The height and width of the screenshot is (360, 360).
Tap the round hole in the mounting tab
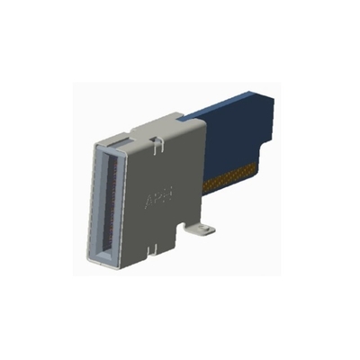pyautogui.click(x=202, y=231)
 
